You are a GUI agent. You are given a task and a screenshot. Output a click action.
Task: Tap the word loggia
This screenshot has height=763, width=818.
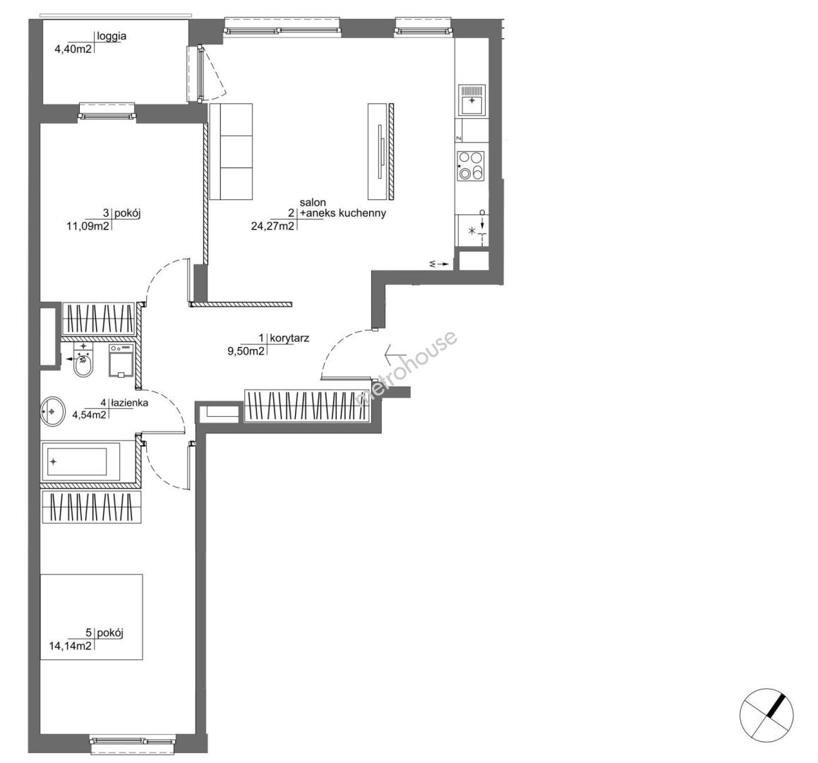pos(112,37)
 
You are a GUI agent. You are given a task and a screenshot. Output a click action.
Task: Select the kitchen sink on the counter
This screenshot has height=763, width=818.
pos(471,100)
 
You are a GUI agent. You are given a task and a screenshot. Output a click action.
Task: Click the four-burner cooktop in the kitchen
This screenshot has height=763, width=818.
pos(471,166)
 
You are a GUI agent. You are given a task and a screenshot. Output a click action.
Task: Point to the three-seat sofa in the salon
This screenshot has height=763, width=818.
pos(231,151)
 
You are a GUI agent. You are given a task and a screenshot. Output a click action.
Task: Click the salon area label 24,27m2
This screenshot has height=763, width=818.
pos(272,226)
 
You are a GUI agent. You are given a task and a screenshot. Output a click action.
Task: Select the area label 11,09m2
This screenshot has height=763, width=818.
pos(88,226)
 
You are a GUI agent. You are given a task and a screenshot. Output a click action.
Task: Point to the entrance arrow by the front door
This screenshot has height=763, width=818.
pos(396,355)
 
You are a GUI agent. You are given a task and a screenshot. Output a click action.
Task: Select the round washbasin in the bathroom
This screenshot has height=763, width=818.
pos(52,410)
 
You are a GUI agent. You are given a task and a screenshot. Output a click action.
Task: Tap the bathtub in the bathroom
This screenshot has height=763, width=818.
pos(80,462)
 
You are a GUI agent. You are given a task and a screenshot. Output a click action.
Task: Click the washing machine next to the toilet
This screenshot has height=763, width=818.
pos(121,360)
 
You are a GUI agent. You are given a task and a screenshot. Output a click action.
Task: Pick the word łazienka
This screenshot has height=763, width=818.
pos(129,403)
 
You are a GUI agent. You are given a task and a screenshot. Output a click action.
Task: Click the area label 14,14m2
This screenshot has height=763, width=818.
pos(71,646)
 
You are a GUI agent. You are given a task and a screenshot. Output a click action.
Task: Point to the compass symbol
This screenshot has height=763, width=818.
pos(766,715)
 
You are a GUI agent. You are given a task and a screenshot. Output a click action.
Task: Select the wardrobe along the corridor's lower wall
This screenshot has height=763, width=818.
pos(308,406)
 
